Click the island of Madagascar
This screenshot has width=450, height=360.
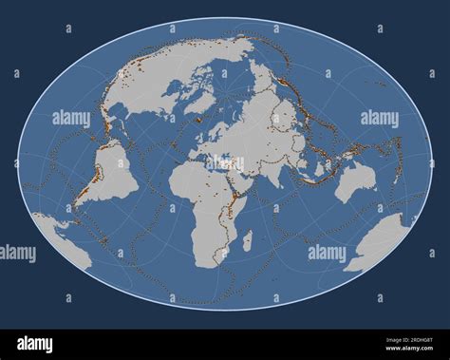(247, 240)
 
